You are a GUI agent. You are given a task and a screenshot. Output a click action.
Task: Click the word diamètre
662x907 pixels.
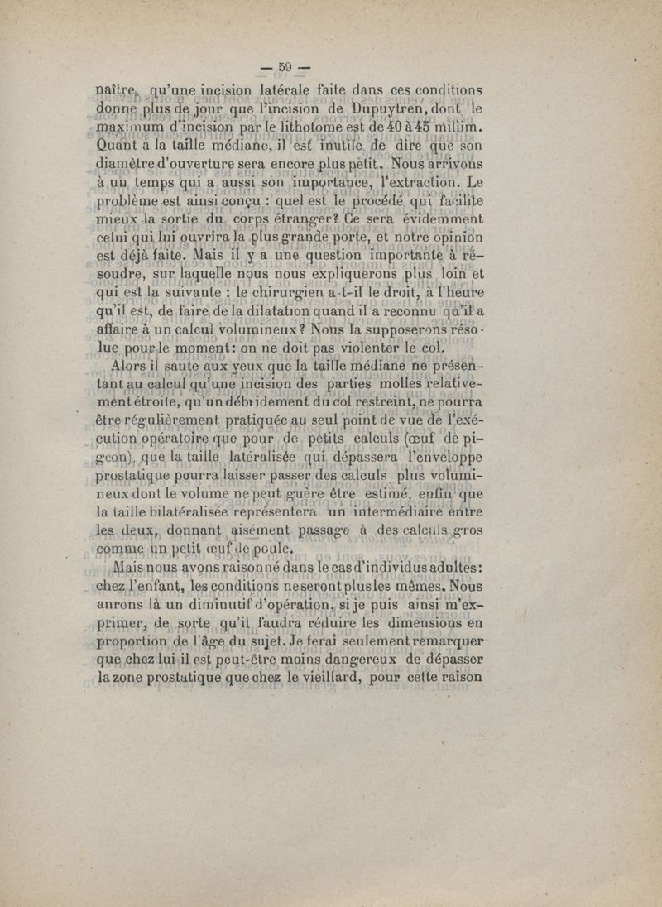click(x=130, y=169)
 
